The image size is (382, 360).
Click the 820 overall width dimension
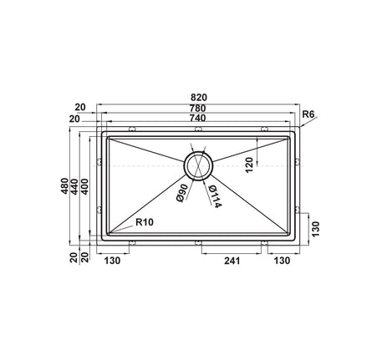[x=197, y=97]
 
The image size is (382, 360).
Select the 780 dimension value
[x=197, y=109]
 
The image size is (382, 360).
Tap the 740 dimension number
[x=197, y=119]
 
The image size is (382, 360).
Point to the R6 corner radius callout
[x=308, y=113]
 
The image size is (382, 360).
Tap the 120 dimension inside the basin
[x=248, y=167]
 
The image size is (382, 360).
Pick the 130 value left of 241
[x=114, y=260]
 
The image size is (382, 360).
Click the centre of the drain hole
[x=198, y=165]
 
